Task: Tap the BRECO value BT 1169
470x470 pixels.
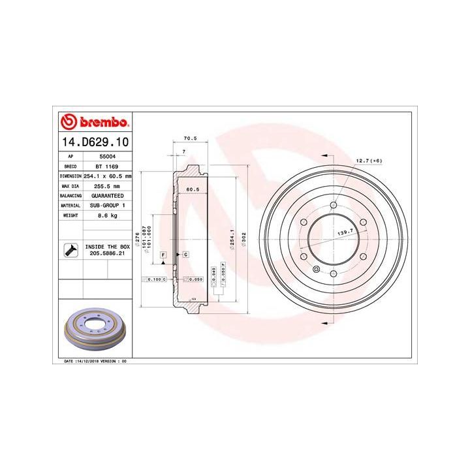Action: pyautogui.click(x=102, y=166)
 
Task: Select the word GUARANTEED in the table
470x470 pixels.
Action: pyautogui.click(x=107, y=195)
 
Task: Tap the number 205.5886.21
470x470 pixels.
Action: pyautogui.click(x=107, y=254)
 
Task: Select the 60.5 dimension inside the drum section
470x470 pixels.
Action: pyautogui.click(x=193, y=189)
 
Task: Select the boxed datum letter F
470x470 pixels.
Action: pyautogui.click(x=163, y=253)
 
